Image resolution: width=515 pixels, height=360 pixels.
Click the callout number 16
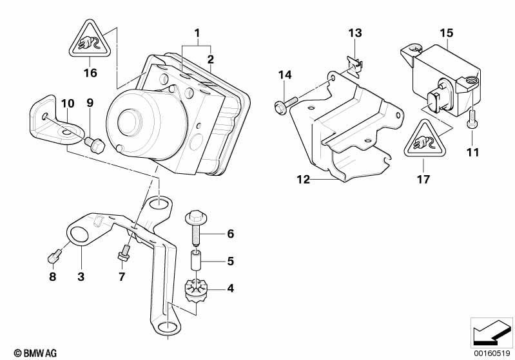click(90, 73)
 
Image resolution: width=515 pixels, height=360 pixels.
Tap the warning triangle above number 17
click(424, 139)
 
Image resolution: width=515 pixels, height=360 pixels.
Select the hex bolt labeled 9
click(95, 145)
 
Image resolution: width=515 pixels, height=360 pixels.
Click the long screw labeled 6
click(194, 227)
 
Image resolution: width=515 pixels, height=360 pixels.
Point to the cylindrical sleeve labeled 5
click(195, 260)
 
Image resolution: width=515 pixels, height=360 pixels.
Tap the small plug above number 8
click(53, 256)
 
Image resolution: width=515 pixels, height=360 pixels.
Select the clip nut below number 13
click(355, 66)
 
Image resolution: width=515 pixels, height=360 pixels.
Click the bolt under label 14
click(286, 103)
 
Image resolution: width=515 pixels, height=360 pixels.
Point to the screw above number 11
click(472, 119)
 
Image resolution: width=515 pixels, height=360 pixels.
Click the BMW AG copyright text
click(35, 353)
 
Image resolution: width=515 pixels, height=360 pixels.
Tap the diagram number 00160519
click(491, 354)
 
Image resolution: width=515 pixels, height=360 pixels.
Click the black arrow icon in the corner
click(492, 333)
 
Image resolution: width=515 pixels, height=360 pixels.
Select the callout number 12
click(303, 180)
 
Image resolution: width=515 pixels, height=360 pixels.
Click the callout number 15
click(447, 33)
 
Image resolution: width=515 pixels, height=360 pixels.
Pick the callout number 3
click(81, 276)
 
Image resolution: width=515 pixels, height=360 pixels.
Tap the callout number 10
click(68, 104)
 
